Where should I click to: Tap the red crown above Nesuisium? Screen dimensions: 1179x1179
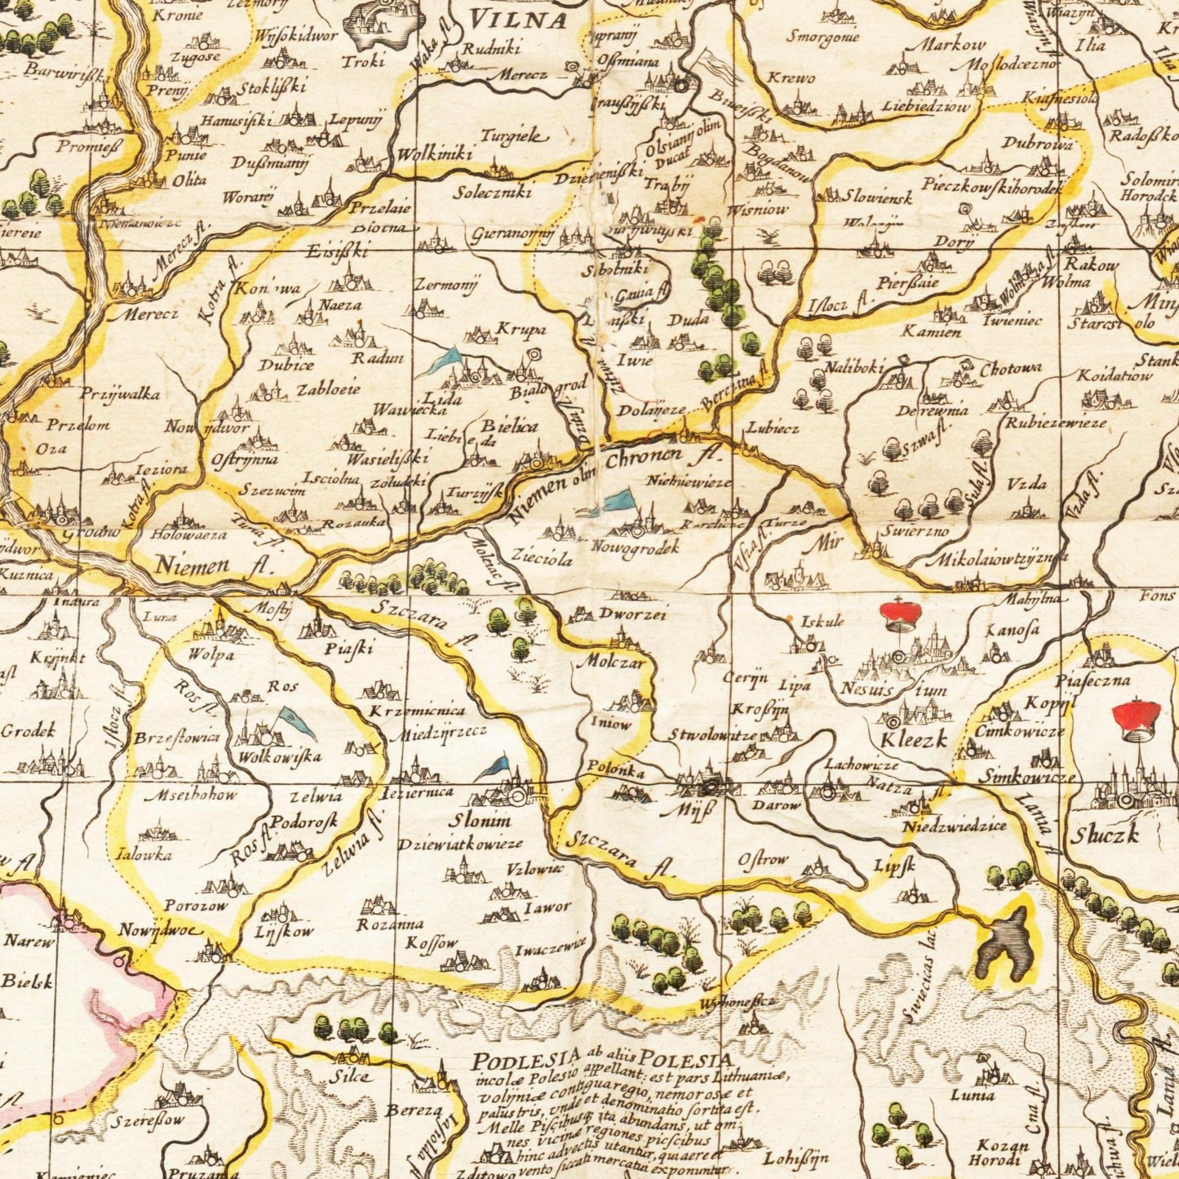coord(898,612)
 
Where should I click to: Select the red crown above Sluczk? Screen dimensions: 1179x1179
coord(1139,718)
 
